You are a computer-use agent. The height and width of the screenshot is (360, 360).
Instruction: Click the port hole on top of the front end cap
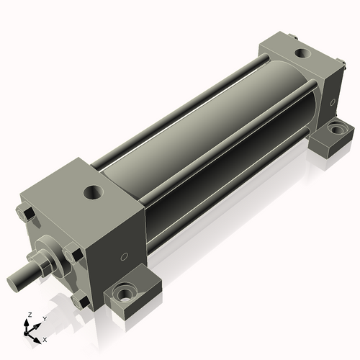(x=93, y=192)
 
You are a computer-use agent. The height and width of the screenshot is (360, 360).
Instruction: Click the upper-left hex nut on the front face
(x=24, y=213)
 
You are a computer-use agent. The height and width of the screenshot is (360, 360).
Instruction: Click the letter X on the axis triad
(x=45, y=338)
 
